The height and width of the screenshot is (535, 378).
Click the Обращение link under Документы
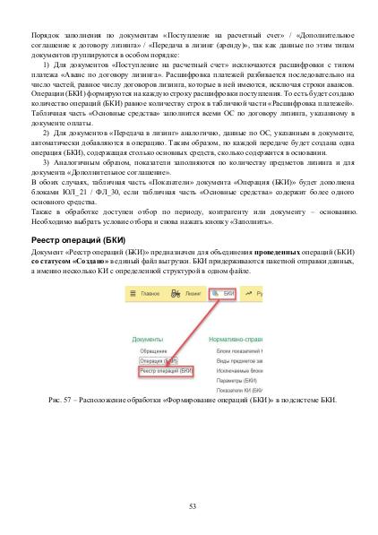(148, 352)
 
